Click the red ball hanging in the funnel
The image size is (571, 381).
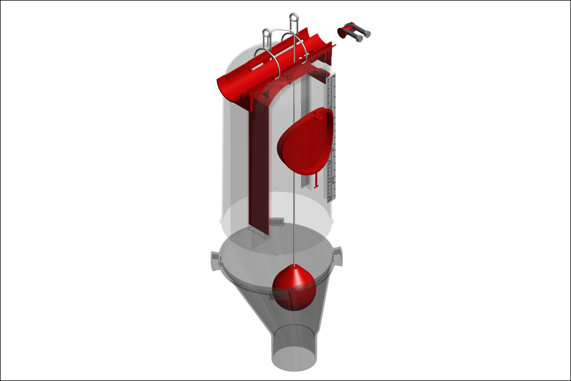294,288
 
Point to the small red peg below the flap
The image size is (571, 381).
316,184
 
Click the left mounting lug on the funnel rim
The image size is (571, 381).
216,260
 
